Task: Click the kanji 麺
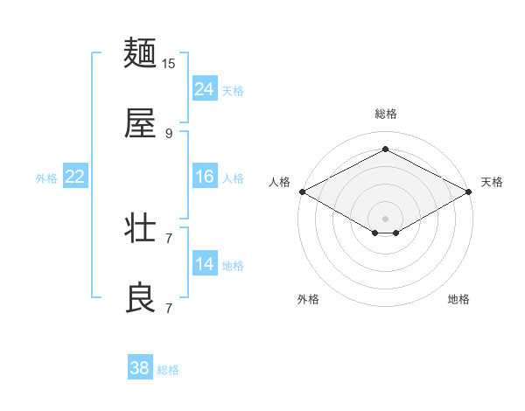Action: pyautogui.click(x=140, y=54)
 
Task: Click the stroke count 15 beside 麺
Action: pyautogui.click(x=169, y=64)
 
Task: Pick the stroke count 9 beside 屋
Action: pyautogui.click(x=169, y=133)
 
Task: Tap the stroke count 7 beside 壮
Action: pyautogui.click(x=169, y=238)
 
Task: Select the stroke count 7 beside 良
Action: pyautogui.click(x=169, y=308)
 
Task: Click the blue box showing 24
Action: pyautogui.click(x=205, y=89)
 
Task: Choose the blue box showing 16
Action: pyautogui.click(x=205, y=177)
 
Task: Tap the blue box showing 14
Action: pyautogui.click(x=205, y=264)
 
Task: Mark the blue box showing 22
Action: pyautogui.click(x=75, y=177)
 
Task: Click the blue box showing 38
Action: pyautogui.click(x=140, y=368)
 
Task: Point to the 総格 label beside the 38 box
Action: pyautogui.click(x=168, y=370)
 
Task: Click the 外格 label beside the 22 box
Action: pyautogui.click(x=46, y=178)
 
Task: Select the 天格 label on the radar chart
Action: pyautogui.click(x=492, y=182)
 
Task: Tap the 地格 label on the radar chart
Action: pyautogui.click(x=458, y=299)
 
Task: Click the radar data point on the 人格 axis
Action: pyautogui.click(x=302, y=191)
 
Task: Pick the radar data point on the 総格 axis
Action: pyautogui.click(x=385, y=150)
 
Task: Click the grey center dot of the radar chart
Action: pyautogui.click(x=385, y=218)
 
